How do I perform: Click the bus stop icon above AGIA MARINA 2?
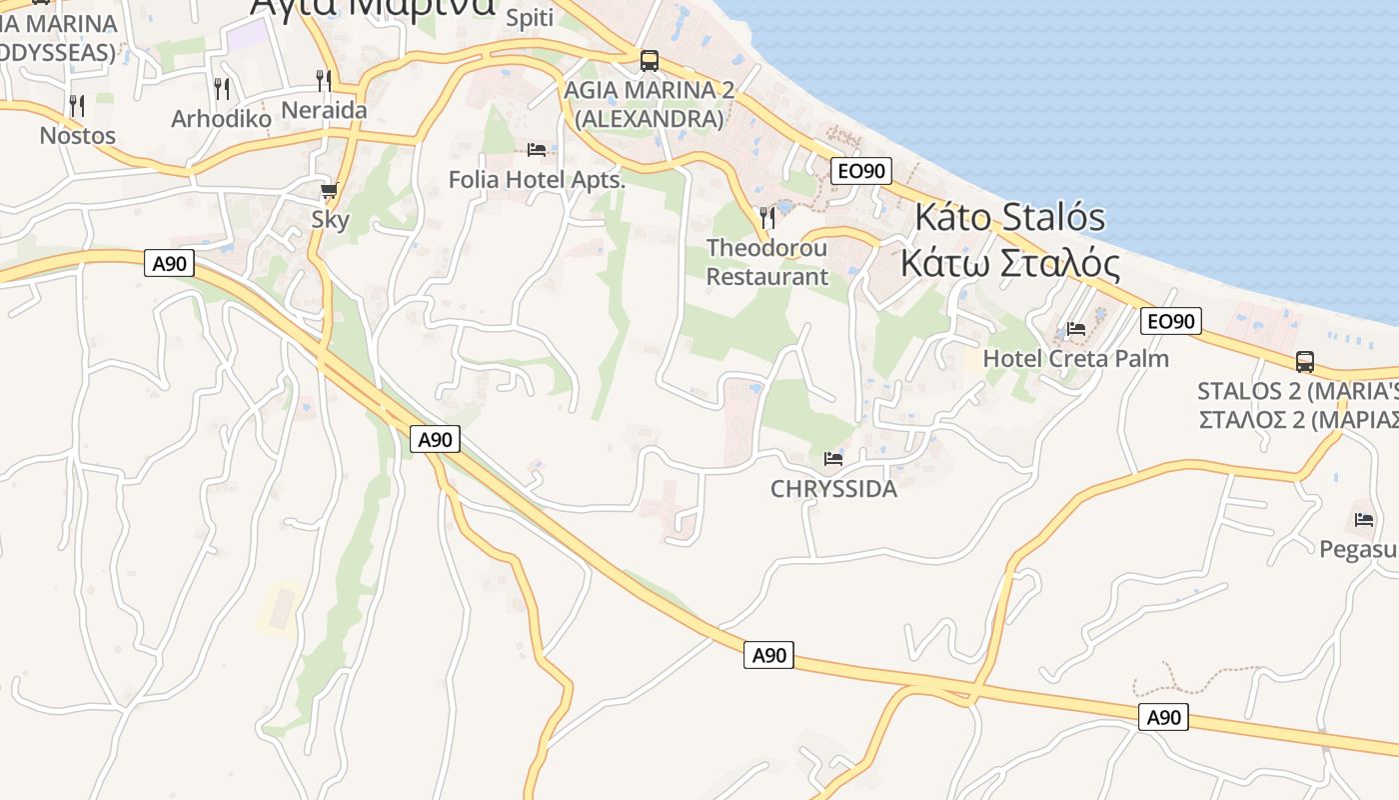[650, 61]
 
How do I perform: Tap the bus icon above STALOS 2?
[1305, 362]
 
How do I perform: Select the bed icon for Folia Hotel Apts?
[537, 150]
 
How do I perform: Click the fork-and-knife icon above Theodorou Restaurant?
[767, 216]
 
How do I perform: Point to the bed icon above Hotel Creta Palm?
[1076, 328]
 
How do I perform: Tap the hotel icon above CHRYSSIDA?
[833, 459]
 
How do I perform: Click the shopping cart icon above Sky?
[329, 190]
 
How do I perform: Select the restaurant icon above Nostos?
[77, 105]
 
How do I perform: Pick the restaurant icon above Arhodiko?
[222, 88]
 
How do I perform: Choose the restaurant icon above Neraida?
[324, 80]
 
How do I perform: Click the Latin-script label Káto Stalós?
[1010, 217]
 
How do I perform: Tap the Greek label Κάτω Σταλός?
[1009, 263]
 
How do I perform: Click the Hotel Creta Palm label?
[1075, 358]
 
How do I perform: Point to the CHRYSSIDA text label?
[833, 489]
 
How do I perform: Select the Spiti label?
[530, 17]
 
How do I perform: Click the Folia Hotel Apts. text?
[537, 180]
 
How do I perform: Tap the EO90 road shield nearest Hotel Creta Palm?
[1170, 321]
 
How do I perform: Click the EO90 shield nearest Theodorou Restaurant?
[861, 171]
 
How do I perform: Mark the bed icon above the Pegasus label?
[1364, 519]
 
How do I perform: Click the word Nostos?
[77, 135]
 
